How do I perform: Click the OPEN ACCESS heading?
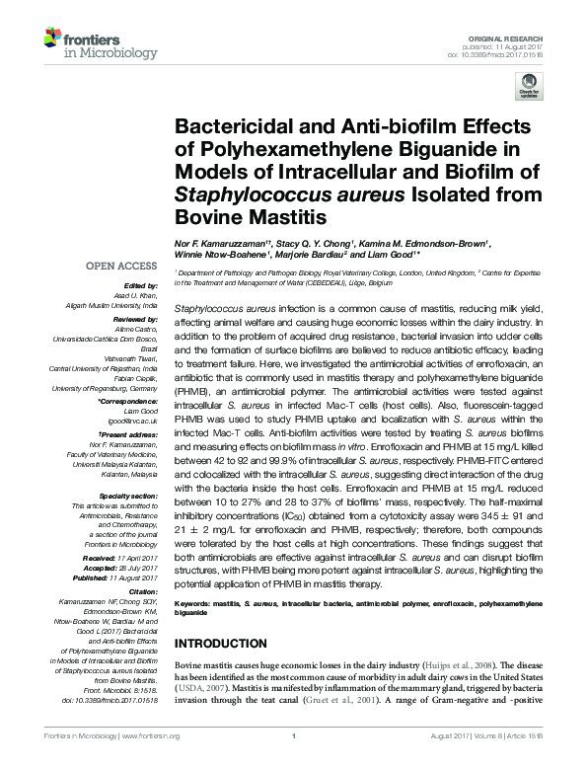121,267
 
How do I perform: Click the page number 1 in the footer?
294,763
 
